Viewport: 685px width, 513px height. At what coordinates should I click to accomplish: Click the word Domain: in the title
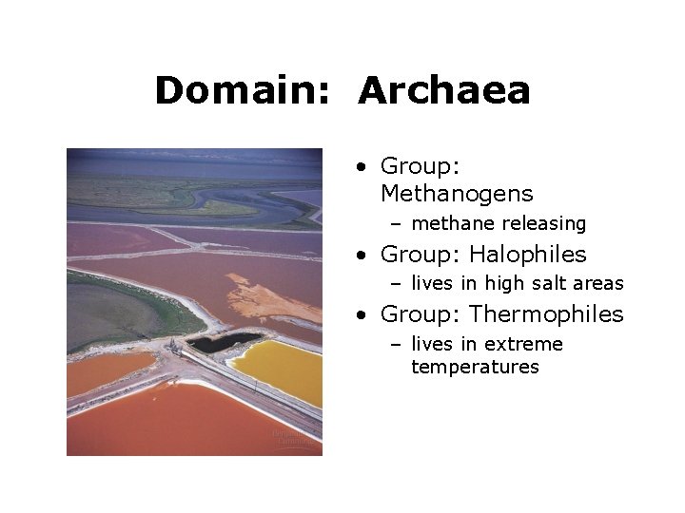click(x=242, y=91)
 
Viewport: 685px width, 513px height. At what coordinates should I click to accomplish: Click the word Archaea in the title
click(x=444, y=91)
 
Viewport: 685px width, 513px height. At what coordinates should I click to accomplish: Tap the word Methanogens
click(x=457, y=194)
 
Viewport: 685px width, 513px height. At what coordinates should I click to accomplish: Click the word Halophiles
click(x=528, y=255)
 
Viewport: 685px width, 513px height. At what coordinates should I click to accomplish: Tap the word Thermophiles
click(x=546, y=313)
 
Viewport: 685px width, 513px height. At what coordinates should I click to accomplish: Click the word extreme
click(x=523, y=344)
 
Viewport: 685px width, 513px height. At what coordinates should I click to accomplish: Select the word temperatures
click(x=475, y=367)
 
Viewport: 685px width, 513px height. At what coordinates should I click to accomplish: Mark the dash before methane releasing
click(x=395, y=224)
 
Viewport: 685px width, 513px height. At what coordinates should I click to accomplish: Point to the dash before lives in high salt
click(x=395, y=284)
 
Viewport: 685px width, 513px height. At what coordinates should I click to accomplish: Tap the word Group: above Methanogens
click(x=420, y=166)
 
